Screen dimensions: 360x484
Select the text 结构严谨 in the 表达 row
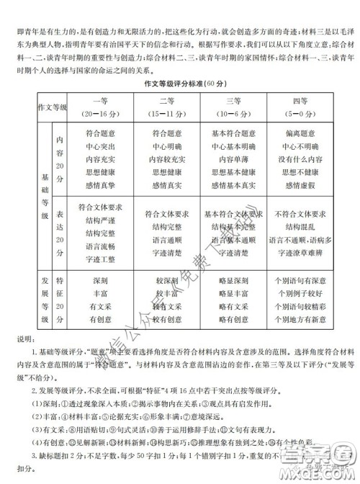100,220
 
